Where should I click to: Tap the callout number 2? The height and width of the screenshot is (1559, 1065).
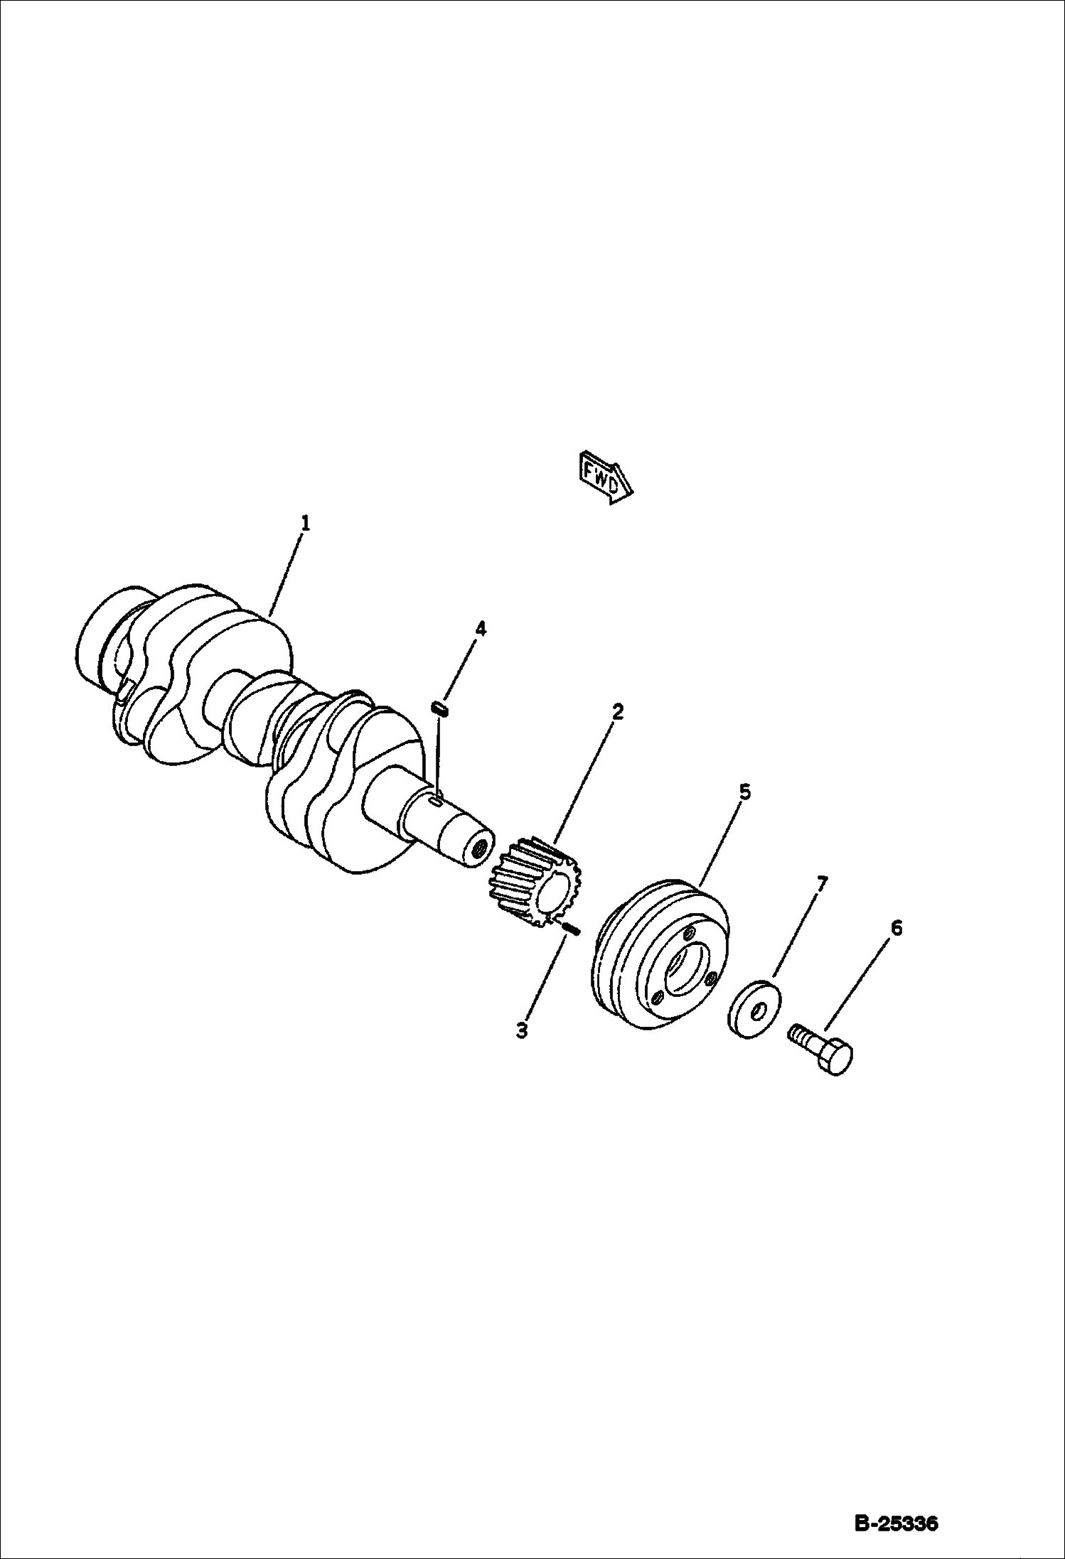617,711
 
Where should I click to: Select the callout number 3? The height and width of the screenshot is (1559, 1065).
522,1030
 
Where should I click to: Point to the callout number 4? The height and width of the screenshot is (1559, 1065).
481,628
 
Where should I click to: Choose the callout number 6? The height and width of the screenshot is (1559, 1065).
896,928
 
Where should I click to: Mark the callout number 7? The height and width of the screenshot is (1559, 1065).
822,884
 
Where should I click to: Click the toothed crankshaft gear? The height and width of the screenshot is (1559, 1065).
536,881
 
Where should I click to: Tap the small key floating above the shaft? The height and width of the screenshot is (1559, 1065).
439,709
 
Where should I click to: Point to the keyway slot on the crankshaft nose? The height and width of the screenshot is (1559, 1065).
437,801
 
